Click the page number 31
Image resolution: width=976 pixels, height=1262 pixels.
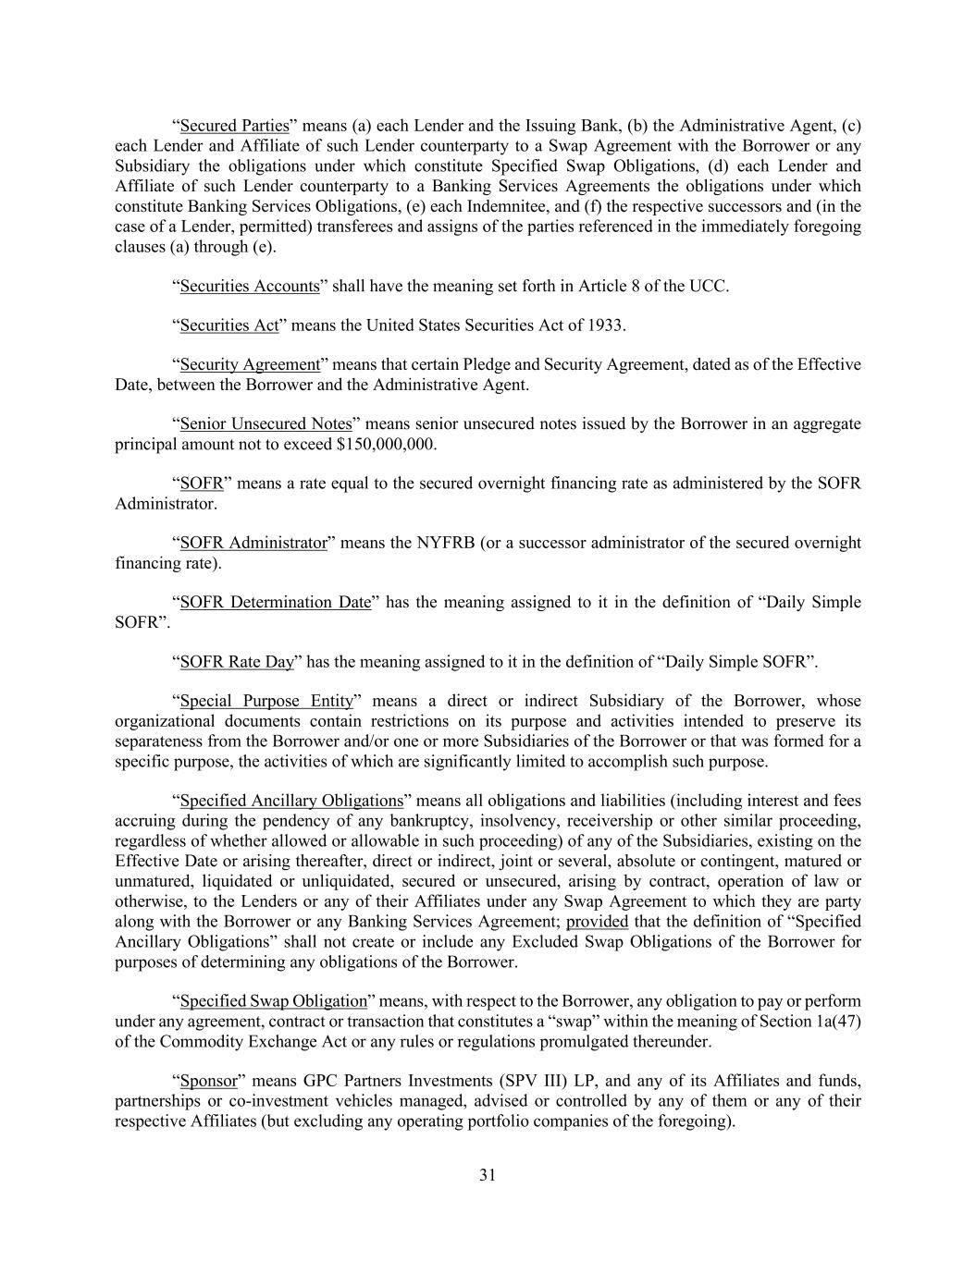[x=488, y=1175]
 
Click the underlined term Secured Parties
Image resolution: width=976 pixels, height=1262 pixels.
[x=235, y=126]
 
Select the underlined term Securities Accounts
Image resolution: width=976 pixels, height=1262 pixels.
[x=250, y=286]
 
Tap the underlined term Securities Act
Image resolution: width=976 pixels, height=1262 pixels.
[x=229, y=325]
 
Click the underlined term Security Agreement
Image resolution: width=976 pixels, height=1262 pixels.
[x=250, y=364]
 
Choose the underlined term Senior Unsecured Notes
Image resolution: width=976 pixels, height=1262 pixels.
[x=266, y=424]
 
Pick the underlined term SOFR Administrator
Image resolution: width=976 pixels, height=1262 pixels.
[x=253, y=543]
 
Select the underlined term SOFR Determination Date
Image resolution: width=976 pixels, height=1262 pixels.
[x=275, y=603]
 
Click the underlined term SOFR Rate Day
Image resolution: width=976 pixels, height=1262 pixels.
[x=237, y=662]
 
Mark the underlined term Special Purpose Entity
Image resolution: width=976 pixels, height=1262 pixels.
[x=266, y=702]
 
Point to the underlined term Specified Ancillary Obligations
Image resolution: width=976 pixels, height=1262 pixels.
[x=291, y=801]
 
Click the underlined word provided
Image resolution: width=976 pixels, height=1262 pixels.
[x=597, y=922]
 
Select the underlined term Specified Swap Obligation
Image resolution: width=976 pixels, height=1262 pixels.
[x=274, y=1001]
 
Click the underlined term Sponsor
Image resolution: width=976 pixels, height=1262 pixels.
[x=208, y=1081]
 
